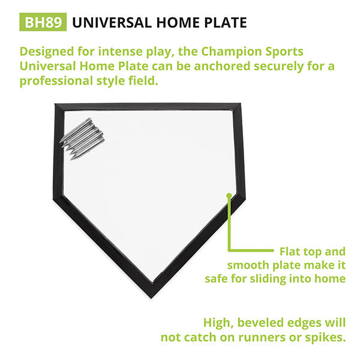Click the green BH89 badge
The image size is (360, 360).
(43, 23)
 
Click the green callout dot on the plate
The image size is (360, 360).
(228, 195)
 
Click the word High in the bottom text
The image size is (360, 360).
(218, 323)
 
